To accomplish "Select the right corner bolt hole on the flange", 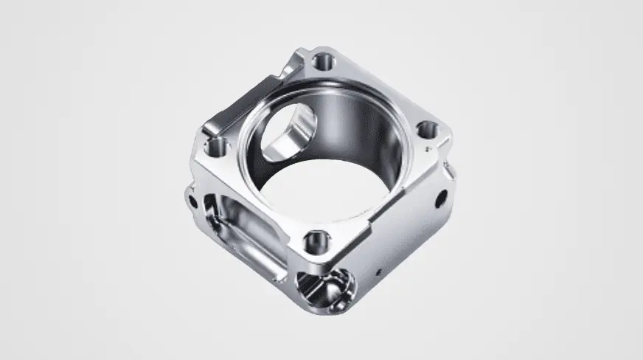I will pyautogui.click(x=428, y=131).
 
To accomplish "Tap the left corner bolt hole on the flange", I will pyautogui.click(x=216, y=148).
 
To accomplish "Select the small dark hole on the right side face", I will pyautogui.click(x=441, y=198).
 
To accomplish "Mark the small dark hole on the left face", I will pyautogui.click(x=192, y=199).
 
